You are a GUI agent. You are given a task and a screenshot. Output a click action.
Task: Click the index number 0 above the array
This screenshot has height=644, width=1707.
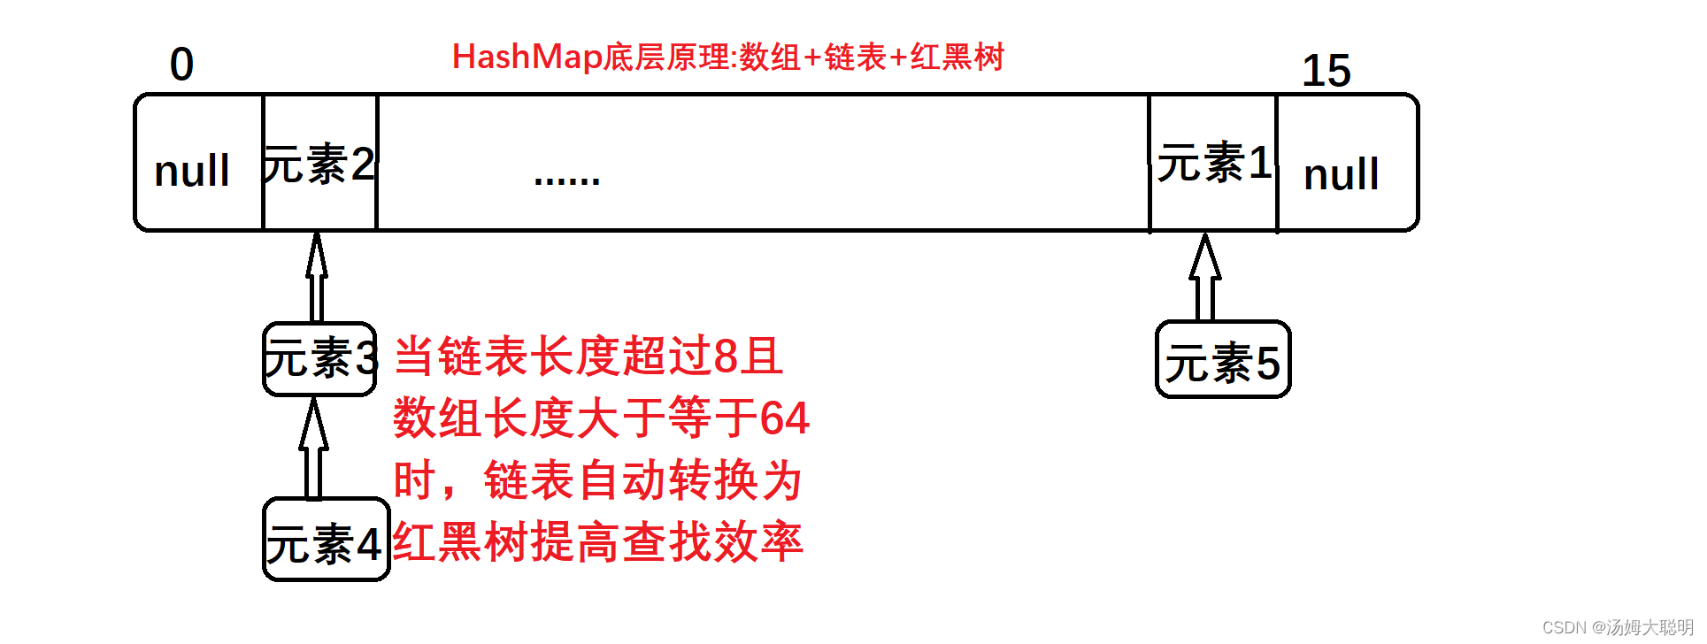click(x=181, y=65)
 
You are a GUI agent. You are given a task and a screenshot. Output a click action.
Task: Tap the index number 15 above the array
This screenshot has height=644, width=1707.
click(x=1326, y=71)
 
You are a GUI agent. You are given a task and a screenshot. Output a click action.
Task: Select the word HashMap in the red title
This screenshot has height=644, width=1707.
click(x=527, y=57)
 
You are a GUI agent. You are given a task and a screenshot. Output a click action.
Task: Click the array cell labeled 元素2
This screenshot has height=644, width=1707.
click(x=319, y=164)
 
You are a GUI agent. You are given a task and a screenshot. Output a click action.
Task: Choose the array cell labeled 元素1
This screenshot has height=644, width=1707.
click(x=1213, y=163)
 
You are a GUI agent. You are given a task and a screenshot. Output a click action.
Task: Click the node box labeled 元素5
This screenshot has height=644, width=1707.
click(x=1223, y=361)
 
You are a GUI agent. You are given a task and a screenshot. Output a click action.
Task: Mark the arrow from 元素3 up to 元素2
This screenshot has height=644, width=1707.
click(x=317, y=276)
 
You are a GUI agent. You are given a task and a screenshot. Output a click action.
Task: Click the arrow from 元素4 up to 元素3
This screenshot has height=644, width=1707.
click(x=313, y=448)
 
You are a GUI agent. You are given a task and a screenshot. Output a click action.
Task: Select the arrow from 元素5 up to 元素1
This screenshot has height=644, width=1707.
click(x=1204, y=276)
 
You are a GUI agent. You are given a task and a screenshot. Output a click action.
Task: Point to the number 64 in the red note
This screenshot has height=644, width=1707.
click(x=784, y=418)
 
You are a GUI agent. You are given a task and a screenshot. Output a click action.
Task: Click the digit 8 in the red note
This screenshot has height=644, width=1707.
click(x=726, y=356)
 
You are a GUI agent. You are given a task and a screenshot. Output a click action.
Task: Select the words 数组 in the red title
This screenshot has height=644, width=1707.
click(x=769, y=57)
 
